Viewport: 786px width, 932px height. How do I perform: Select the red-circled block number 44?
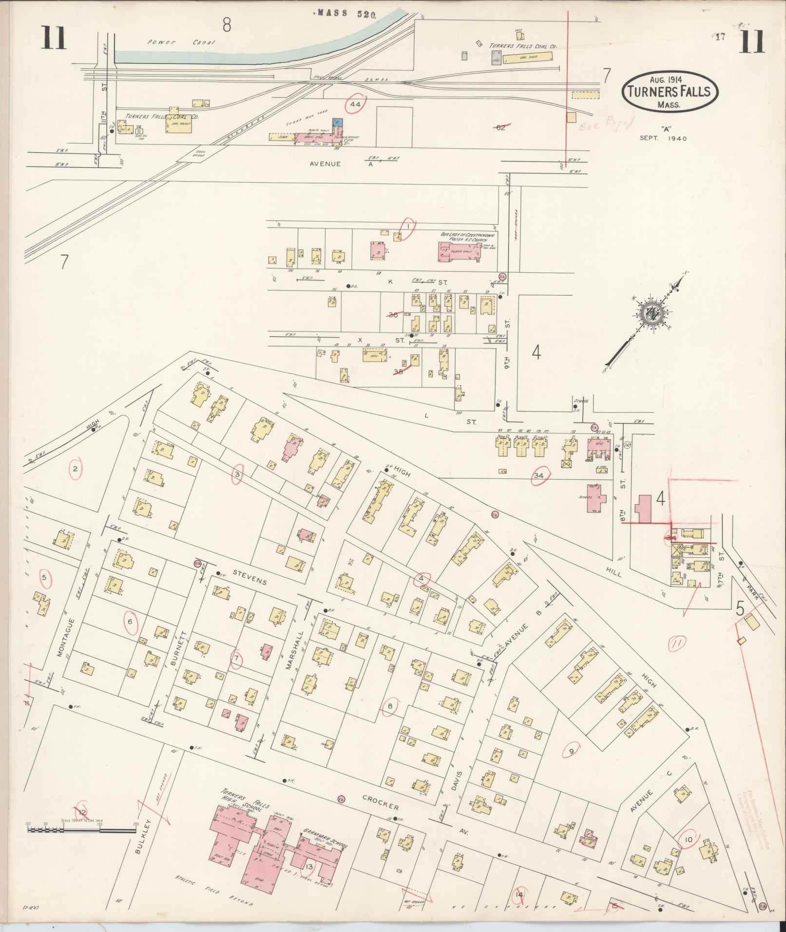click(355, 104)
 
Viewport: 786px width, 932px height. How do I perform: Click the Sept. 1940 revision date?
click(663, 138)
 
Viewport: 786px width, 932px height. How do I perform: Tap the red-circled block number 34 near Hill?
click(539, 476)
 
